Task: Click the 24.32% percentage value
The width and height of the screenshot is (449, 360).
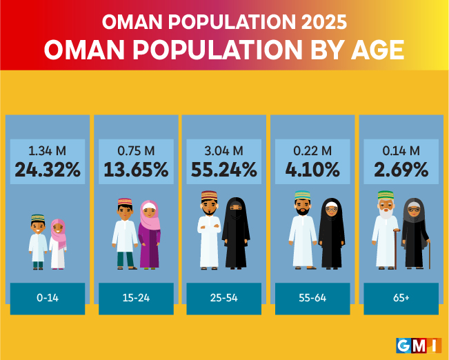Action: pyautogui.click(x=48, y=170)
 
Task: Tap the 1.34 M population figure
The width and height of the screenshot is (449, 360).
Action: pyautogui.click(x=48, y=151)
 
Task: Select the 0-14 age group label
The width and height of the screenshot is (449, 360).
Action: pyautogui.click(x=48, y=299)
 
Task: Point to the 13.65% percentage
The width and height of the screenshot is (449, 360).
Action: pyautogui.click(x=136, y=170)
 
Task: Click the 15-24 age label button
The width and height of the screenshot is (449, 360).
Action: pyautogui.click(x=136, y=299)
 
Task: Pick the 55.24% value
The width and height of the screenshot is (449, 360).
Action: pyautogui.click(x=225, y=170)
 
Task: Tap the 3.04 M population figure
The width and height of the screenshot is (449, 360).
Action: pyautogui.click(x=225, y=151)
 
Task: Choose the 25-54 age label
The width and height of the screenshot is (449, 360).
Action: pyautogui.click(x=225, y=299)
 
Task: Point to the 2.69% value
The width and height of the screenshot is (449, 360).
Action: pyautogui.click(x=401, y=170)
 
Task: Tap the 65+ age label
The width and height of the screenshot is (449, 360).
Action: pyautogui.click(x=401, y=299)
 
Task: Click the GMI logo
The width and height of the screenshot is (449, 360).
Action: pyautogui.click(x=419, y=344)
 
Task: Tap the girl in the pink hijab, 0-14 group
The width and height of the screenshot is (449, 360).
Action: pyautogui.click(x=58, y=243)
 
